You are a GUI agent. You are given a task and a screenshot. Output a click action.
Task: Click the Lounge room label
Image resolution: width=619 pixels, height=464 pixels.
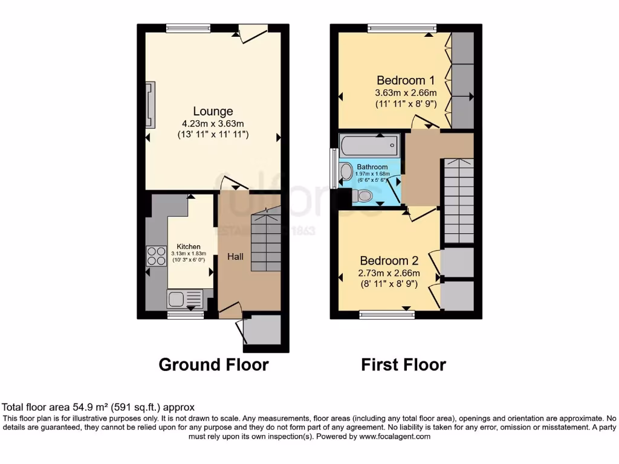tap(213, 112)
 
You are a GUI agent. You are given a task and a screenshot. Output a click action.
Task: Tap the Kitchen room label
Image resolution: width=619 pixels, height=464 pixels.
tap(188, 246)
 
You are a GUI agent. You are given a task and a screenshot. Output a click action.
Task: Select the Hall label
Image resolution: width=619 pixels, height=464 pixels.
tap(235, 257)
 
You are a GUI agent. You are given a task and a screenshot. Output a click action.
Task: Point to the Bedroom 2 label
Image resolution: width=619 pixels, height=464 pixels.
tap(389, 261)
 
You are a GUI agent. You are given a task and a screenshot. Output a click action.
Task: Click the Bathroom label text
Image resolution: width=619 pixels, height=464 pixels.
tap(372, 167)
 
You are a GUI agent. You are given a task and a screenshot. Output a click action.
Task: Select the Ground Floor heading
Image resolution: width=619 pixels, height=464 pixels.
tap(213, 365)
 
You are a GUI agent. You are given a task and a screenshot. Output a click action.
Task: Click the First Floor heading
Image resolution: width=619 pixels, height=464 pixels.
tap(403, 365)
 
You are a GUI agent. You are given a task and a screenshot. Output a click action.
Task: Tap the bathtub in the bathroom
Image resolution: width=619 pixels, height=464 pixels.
tap(369, 145)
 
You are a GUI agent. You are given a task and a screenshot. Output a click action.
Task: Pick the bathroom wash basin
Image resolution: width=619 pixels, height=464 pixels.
tap(346, 172)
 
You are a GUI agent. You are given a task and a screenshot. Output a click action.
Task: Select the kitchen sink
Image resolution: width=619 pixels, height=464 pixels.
tap(184, 298)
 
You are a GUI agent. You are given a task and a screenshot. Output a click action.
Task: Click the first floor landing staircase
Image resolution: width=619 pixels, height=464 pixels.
tap(458, 199)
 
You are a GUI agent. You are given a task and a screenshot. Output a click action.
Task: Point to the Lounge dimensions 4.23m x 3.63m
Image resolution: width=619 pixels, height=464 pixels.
tap(213, 124)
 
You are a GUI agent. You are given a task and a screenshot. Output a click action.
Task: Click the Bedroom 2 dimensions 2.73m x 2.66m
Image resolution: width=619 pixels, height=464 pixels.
tap(389, 273)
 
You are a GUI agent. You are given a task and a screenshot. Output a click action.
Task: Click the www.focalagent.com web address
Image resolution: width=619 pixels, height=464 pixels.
tap(395, 436)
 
